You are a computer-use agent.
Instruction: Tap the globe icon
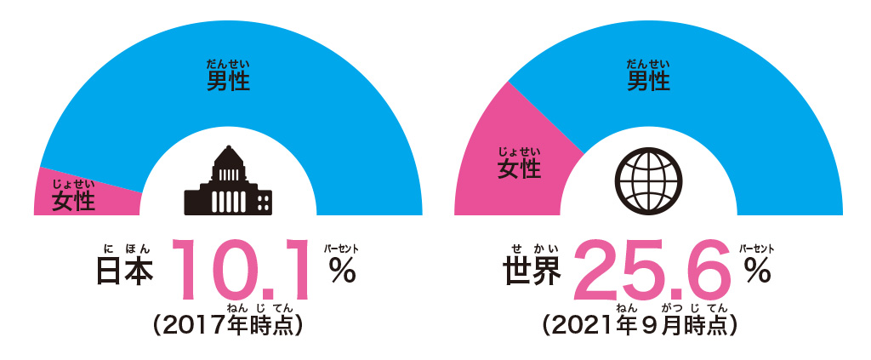tap(648, 180)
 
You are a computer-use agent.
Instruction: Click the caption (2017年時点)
tap(227, 325)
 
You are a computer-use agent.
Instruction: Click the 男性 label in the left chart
tap(228, 82)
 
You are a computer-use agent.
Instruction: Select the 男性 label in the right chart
tap(648, 82)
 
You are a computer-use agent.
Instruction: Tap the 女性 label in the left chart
tap(73, 201)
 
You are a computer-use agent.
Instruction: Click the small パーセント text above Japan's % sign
tap(341, 249)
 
